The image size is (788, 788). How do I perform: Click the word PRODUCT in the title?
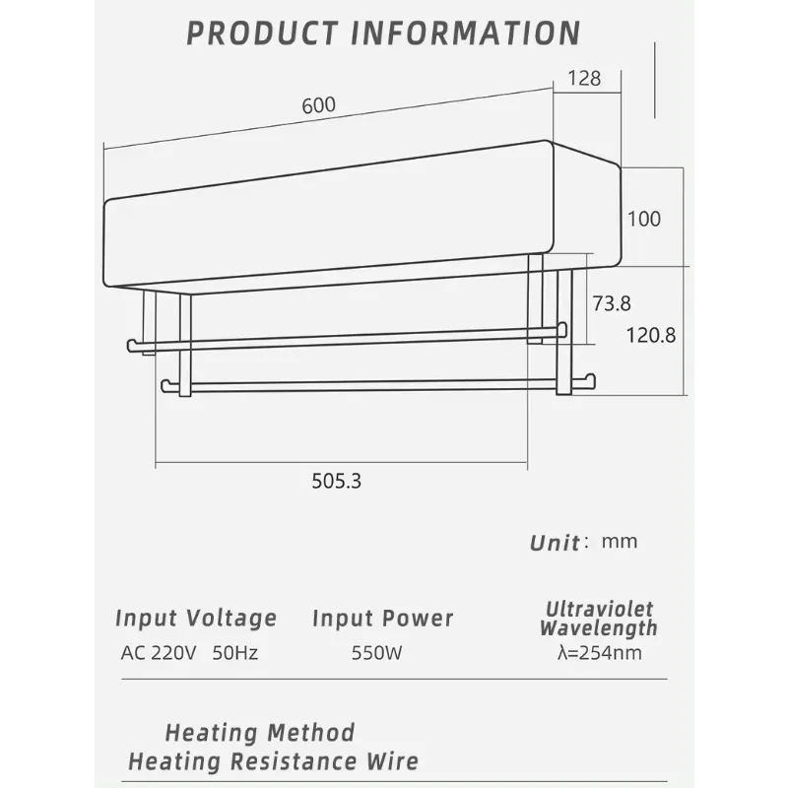click(262, 33)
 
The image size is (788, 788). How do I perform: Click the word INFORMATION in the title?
click(465, 33)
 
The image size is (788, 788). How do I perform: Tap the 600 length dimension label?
click(318, 105)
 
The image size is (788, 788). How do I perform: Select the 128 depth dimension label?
click(584, 79)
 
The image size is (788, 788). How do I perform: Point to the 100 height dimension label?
click(644, 219)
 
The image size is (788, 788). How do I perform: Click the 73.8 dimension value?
click(611, 303)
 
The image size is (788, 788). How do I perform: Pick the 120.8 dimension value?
click(651, 335)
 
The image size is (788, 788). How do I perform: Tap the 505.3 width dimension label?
click(336, 481)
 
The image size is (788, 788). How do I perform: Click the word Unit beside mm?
click(555, 544)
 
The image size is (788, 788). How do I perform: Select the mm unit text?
click(620, 542)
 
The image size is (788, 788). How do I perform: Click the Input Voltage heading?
click(196, 619)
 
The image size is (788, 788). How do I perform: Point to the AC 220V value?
click(159, 653)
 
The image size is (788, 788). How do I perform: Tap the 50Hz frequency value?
click(235, 653)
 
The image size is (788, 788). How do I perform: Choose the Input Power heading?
click(382, 619)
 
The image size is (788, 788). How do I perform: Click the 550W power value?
click(376, 653)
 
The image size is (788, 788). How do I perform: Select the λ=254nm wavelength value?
click(599, 653)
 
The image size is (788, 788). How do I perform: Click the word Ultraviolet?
click(599, 609)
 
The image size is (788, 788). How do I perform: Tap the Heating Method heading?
click(260, 733)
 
